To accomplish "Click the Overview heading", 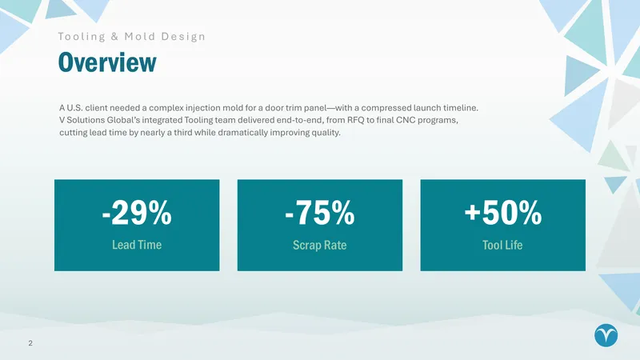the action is point(107,62).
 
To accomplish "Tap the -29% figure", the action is point(137,212).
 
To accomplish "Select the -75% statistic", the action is point(319,212).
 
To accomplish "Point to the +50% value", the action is point(503,212).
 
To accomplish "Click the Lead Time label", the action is point(137,245).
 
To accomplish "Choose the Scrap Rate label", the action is point(319,245).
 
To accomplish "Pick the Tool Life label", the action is point(502,245).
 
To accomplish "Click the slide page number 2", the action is point(30,343).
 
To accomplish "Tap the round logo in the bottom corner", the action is point(606,335).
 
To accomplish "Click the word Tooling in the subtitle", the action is point(82,37).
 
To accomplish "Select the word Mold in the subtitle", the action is point(139,36).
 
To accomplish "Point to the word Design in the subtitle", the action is point(183,37).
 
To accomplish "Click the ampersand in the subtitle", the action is point(114,36).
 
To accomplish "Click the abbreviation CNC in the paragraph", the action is point(404,120).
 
